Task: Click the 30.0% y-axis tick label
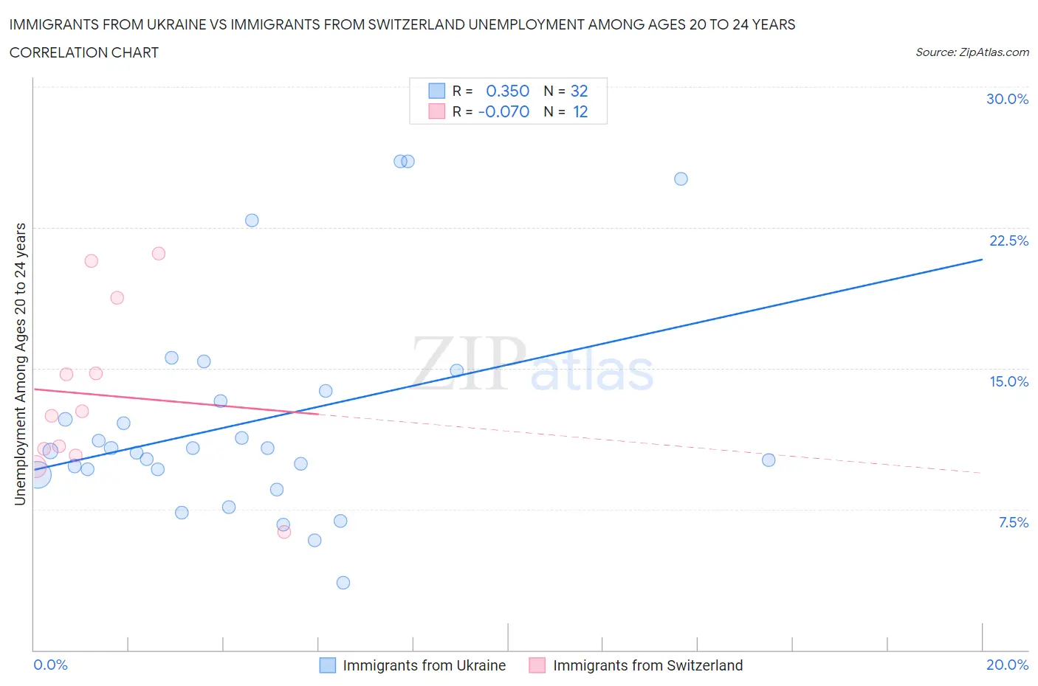1007,99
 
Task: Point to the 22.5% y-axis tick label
1008,240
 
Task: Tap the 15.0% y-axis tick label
1008,381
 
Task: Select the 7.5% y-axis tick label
1013,522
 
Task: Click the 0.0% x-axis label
50,665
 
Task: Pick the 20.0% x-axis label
1007,665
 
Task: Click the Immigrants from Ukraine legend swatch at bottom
327,665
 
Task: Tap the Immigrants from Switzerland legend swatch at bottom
537,665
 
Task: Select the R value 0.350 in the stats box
507,91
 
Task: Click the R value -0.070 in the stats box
503,111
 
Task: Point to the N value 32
579,91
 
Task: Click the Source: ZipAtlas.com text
972,52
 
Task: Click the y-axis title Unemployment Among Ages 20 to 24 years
20,364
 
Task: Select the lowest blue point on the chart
343,583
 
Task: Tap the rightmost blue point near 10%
769,460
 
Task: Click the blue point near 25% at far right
681,179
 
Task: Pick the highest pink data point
158,254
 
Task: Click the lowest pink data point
284,532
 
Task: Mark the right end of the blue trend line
982,260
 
